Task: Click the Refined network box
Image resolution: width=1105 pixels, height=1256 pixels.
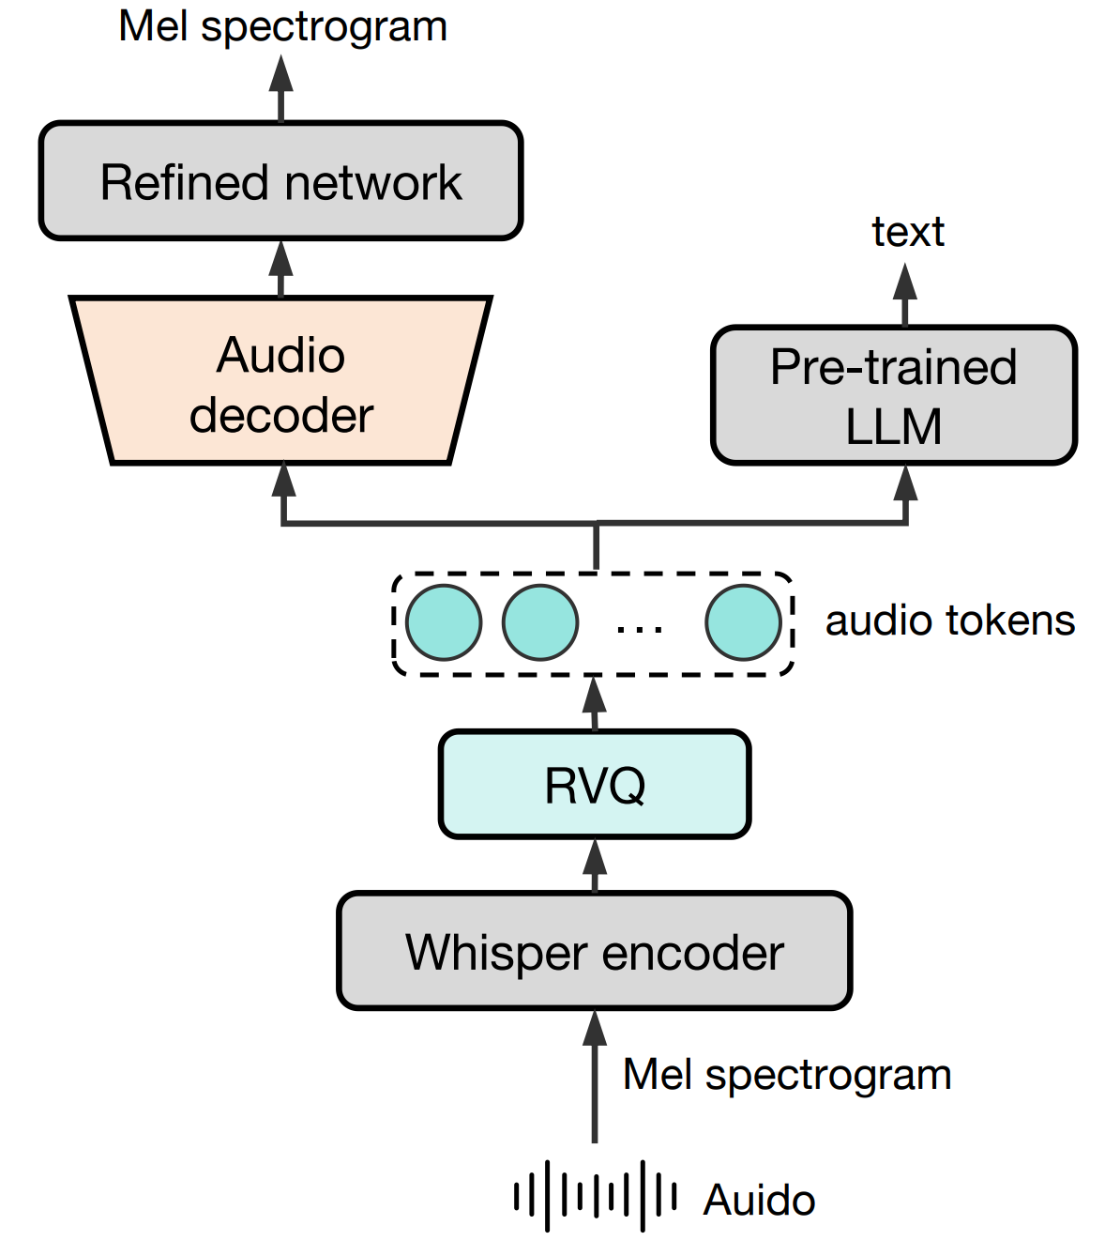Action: click(x=280, y=181)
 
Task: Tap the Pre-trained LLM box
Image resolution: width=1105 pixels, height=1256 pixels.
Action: click(x=894, y=395)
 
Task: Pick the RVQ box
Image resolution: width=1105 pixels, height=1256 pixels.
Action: click(x=595, y=785)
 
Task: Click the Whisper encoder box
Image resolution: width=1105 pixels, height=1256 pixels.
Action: click(x=595, y=951)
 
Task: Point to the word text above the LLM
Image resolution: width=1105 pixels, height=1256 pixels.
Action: click(x=907, y=232)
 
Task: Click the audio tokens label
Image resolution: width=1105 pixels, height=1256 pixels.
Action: click(x=949, y=620)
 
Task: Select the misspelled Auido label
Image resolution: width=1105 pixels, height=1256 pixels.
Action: click(x=759, y=1200)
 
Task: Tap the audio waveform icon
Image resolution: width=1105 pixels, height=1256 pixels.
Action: click(x=595, y=1197)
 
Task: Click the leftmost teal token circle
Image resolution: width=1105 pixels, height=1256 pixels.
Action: click(x=445, y=622)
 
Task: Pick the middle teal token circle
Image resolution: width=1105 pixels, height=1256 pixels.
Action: click(x=540, y=622)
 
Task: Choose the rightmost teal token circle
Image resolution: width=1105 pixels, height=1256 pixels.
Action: click(x=743, y=622)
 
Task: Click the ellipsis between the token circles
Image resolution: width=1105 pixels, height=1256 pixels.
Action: click(x=640, y=627)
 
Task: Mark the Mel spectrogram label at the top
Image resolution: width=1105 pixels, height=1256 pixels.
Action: click(x=282, y=26)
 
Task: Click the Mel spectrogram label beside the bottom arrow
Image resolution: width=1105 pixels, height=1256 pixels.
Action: click(x=787, y=1074)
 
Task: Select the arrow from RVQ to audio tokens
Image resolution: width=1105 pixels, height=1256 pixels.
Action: click(x=595, y=702)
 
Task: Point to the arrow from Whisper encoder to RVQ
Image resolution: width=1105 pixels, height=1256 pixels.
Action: click(x=595, y=865)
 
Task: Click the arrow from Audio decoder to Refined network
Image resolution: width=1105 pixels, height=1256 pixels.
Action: click(x=281, y=268)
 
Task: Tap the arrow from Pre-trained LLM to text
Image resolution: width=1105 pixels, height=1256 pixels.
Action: click(x=905, y=294)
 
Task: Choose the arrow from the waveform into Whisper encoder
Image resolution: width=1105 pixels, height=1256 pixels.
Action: click(x=595, y=1076)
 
